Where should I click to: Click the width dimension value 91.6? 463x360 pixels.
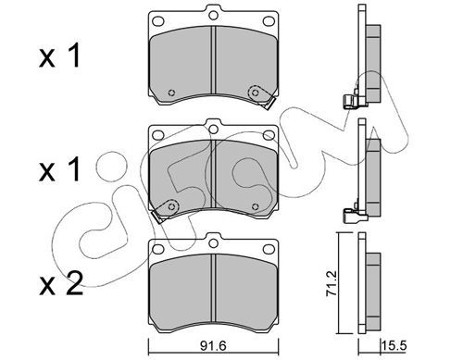pos(213,345)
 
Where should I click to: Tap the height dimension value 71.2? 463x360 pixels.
pos(332,284)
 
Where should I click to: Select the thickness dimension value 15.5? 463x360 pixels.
pos(394,345)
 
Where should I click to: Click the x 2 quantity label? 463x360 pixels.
pos(61,283)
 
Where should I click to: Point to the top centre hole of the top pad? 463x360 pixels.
pos(213,15)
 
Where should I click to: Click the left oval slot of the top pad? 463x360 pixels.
pos(158,21)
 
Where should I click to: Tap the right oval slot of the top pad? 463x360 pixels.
pos(269,21)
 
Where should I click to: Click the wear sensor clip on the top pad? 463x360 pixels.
pos(262,97)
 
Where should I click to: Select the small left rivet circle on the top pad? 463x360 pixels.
pos(171,93)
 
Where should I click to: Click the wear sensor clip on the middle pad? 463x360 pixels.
pos(165,211)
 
